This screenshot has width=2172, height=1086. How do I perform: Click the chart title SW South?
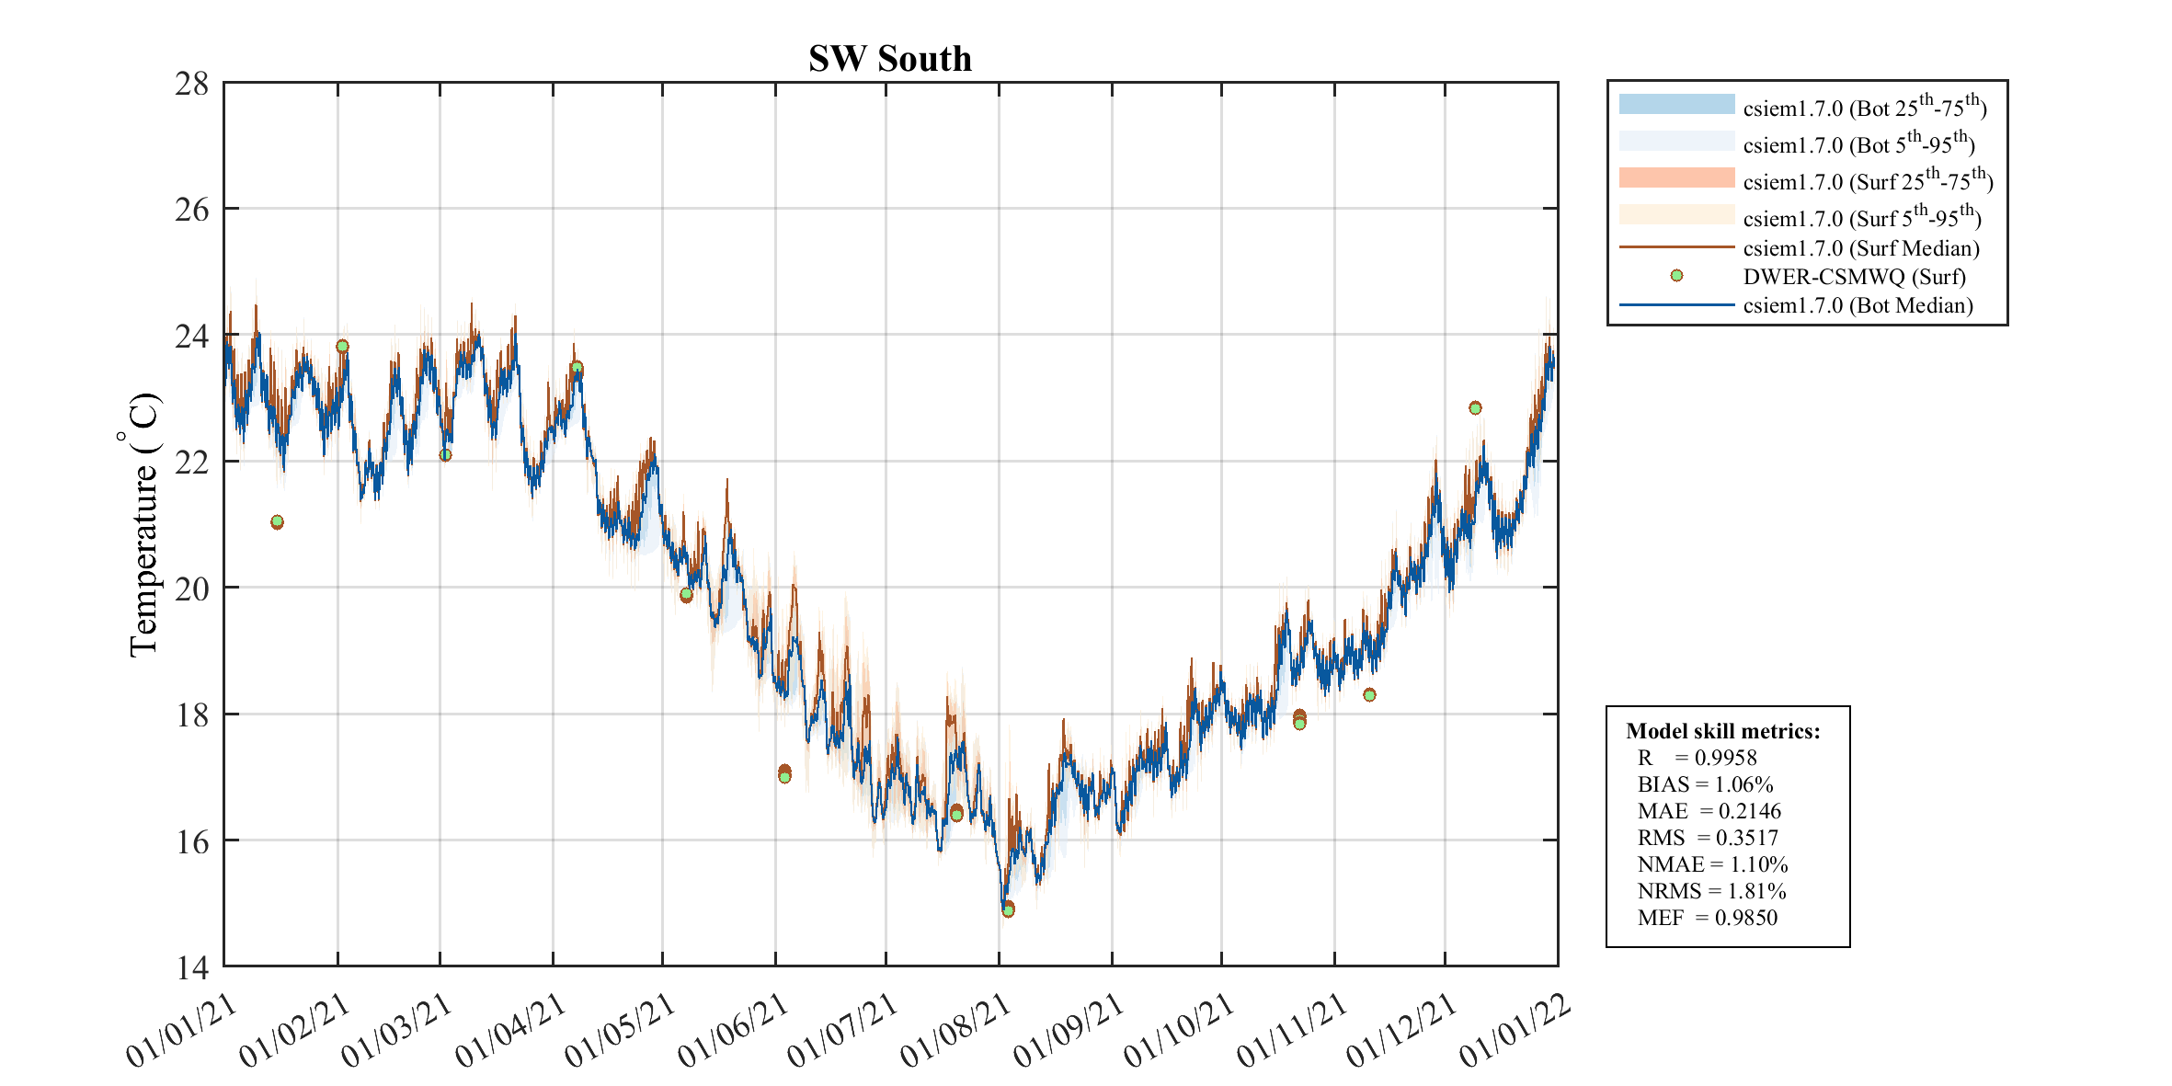(889, 59)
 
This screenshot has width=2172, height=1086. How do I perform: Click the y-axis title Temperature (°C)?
(143, 525)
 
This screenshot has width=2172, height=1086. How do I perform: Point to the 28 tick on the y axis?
(192, 84)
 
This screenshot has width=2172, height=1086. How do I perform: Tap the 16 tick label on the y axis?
(192, 841)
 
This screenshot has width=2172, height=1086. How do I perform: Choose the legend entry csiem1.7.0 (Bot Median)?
(1858, 305)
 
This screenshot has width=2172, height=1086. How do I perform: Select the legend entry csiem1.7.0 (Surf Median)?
(1861, 248)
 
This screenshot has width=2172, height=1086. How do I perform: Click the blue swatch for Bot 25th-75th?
(1676, 104)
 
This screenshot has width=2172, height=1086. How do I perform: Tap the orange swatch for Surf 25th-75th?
(1676, 177)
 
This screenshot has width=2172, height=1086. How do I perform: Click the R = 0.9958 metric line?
(1697, 758)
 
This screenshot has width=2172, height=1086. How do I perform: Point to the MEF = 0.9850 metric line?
(1707, 918)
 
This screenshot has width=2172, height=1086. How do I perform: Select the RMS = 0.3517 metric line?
(1708, 838)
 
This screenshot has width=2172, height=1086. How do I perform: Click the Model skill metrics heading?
(1722, 731)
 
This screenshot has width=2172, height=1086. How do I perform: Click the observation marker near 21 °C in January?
(277, 522)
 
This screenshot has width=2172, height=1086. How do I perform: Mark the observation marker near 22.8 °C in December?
(1475, 408)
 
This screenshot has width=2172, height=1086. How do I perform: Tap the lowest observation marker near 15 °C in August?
(1008, 910)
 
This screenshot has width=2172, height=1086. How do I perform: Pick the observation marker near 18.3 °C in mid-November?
(1369, 695)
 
